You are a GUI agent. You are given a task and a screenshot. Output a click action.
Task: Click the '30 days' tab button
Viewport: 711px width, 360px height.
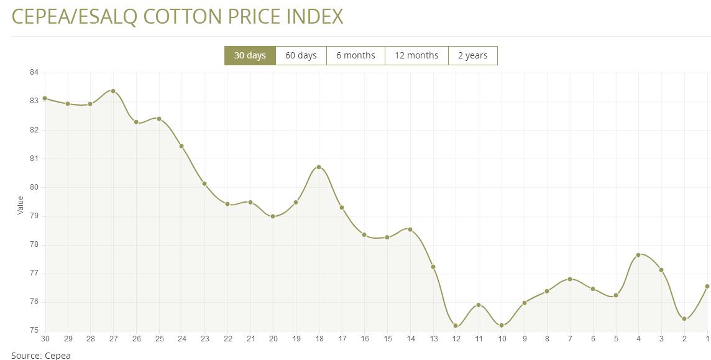click(x=250, y=55)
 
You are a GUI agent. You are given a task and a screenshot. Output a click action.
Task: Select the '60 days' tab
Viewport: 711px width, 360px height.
click(x=301, y=55)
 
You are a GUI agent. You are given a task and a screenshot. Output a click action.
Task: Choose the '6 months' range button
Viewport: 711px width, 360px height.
click(x=355, y=55)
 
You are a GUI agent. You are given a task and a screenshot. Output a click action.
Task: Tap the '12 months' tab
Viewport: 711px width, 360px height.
click(x=416, y=55)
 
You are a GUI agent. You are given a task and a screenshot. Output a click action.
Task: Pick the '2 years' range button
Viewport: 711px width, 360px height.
click(x=472, y=55)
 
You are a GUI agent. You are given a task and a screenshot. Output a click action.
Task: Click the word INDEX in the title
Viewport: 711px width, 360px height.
click(x=314, y=17)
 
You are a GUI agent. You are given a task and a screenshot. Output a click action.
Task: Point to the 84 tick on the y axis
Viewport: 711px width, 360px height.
click(x=34, y=73)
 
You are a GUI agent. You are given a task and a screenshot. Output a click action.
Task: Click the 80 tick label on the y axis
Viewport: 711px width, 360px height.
click(x=34, y=187)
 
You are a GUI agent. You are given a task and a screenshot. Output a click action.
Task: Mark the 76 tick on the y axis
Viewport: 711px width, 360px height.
click(x=34, y=302)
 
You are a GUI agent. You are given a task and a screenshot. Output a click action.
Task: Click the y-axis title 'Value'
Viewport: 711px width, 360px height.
click(x=20, y=205)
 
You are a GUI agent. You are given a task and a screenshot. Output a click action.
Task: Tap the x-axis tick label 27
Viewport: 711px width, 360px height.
click(x=113, y=339)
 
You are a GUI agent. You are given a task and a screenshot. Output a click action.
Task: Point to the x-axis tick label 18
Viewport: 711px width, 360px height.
click(x=319, y=339)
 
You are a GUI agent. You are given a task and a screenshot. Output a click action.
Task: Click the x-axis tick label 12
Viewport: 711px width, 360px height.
click(x=456, y=339)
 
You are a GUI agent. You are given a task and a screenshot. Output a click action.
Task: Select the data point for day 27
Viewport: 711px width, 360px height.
click(x=113, y=91)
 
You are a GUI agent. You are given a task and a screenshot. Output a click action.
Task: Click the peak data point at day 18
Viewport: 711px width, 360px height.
click(x=319, y=167)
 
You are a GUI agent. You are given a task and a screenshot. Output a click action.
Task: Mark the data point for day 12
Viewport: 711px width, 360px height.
click(x=456, y=326)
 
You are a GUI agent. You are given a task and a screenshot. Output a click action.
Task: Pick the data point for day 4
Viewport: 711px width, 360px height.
click(x=638, y=255)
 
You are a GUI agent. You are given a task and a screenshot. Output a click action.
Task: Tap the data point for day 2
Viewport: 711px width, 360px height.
click(x=684, y=319)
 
